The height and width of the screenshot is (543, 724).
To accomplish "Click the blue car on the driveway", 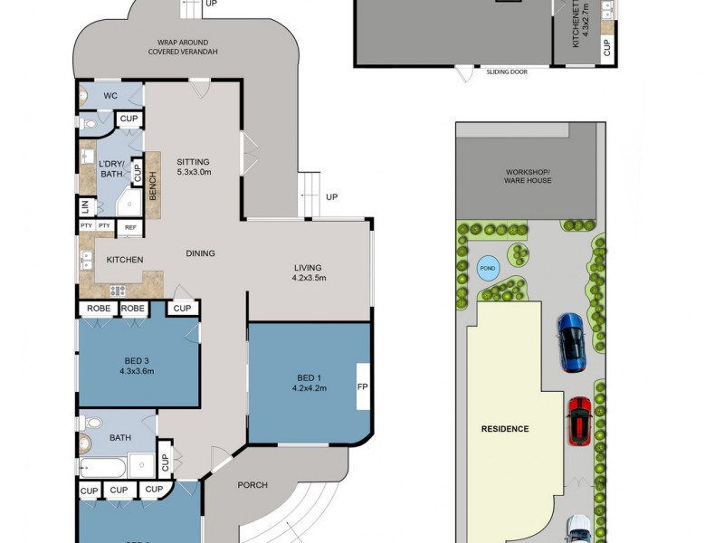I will coord(571,341).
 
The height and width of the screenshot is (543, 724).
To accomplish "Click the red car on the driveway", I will coord(578,421).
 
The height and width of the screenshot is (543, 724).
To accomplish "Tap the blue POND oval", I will coord(488,268).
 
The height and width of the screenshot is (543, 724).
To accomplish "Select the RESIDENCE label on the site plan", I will coord(504,429).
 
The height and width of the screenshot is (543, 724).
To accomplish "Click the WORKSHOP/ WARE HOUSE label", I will coord(528,176).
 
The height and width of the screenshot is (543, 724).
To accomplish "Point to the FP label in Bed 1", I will coord(363,386).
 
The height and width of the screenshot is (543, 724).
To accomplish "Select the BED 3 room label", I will coord(137,365).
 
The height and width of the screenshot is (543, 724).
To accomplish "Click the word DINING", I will coord(201,253).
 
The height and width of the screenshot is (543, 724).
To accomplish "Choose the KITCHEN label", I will coord(125,260).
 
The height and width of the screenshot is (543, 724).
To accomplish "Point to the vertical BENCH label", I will coord(153,188).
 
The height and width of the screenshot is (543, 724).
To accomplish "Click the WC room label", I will coord(110,96).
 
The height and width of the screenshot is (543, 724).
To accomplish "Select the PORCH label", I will coord(252,485).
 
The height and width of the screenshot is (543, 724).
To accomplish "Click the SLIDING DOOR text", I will coord(508,71).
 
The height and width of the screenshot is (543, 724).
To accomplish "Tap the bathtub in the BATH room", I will coord(102,468).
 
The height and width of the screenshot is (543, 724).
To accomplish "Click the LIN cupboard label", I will coord(86,206).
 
